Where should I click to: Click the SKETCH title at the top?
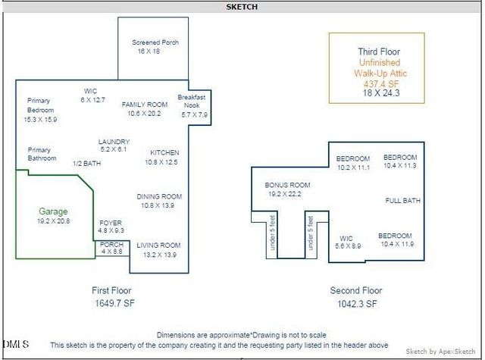(242, 7)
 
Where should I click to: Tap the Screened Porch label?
(155, 42)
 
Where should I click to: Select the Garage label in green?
(53, 211)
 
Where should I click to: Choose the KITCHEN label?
(164, 152)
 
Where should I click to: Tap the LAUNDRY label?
(114, 142)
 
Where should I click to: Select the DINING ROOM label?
(160, 197)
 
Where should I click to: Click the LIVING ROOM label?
(158, 245)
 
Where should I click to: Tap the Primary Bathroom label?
(42, 154)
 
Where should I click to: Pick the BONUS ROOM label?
(287, 185)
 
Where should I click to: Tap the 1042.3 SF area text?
(354, 303)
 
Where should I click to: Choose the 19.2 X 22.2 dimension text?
(284, 194)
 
